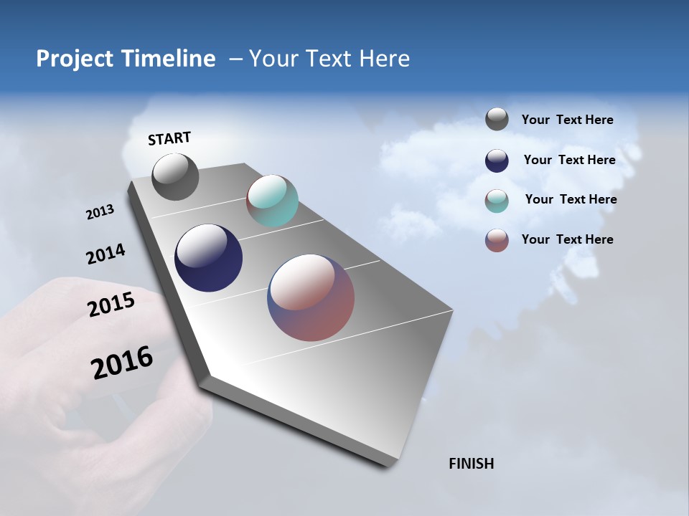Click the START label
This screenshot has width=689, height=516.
click(169, 138)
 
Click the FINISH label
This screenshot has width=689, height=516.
click(472, 464)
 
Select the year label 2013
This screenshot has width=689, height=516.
click(100, 211)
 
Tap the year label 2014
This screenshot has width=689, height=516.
click(106, 254)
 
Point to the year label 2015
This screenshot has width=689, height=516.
click(111, 304)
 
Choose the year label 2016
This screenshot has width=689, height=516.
click(122, 363)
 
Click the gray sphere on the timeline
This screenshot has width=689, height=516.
click(175, 177)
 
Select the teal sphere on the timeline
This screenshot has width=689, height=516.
click(272, 201)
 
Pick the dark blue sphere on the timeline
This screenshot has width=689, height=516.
click(208, 258)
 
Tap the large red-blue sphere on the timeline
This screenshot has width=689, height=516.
click(311, 297)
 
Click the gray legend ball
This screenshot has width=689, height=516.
click(497, 119)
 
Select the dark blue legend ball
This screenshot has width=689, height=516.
click(497, 161)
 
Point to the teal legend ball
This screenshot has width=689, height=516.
click(497, 201)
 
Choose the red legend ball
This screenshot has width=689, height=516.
click(497, 240)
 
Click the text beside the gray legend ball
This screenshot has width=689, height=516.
click(567, 120)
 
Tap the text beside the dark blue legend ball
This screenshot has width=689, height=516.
click(569, 160)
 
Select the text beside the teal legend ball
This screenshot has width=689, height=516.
click(571, 199)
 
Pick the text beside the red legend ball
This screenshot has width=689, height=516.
click(567, 239)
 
